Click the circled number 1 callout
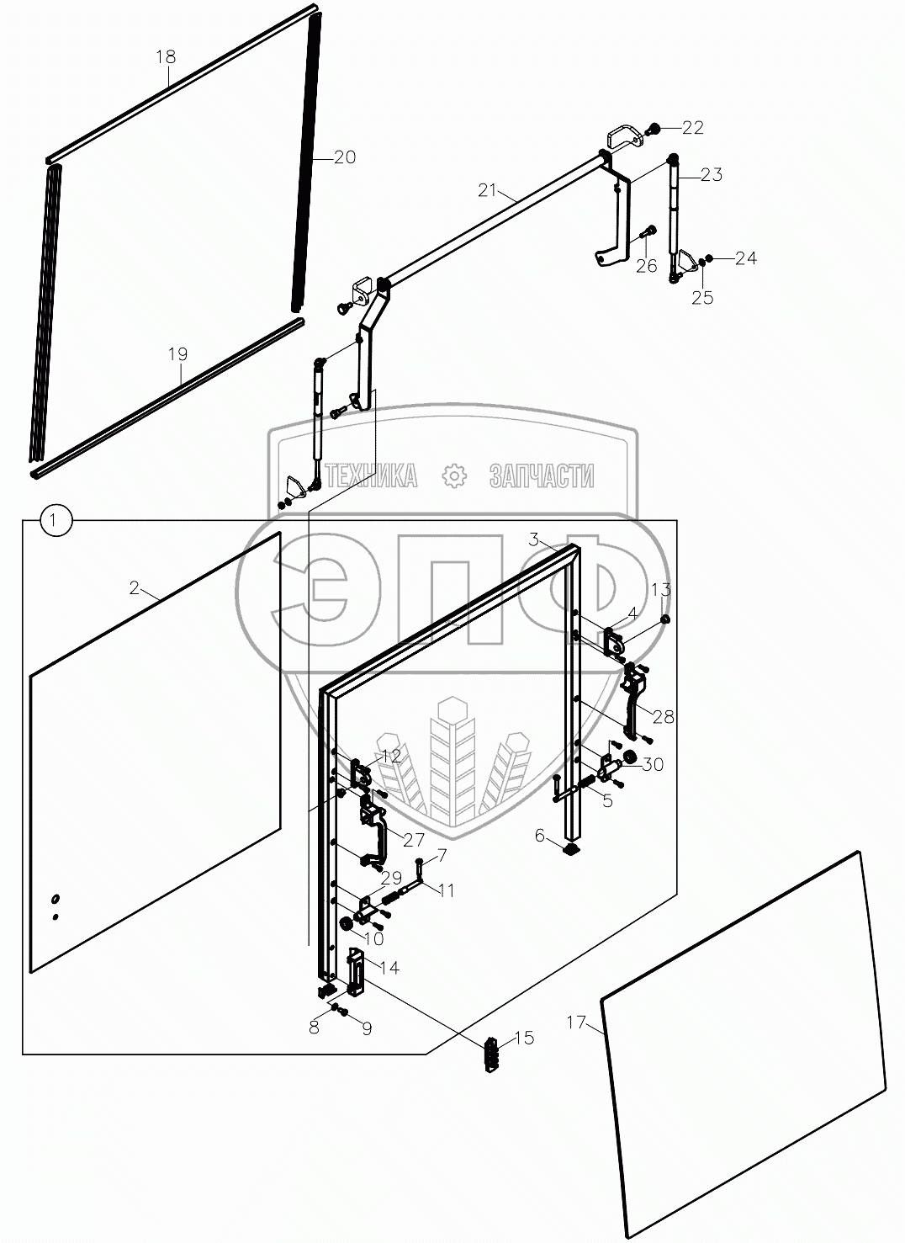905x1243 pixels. pos(56,520)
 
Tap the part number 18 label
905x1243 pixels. pos(166,56)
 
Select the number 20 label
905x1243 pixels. pos(344,157)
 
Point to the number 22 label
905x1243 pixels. pos(692,128)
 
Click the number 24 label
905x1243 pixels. pos(746,258)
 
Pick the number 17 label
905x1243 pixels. pos(576,1022)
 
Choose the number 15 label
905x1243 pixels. pos(524,1038)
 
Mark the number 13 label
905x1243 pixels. pos(660,589)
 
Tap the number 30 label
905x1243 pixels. pos(652,765)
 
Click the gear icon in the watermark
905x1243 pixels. pos(454,475)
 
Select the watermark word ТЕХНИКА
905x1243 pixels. pos(371,476)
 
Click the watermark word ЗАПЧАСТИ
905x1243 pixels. pos(541,476)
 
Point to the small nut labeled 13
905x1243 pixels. pos(666,619)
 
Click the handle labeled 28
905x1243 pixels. pos(634,703)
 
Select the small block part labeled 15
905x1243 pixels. pos(490,1054)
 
